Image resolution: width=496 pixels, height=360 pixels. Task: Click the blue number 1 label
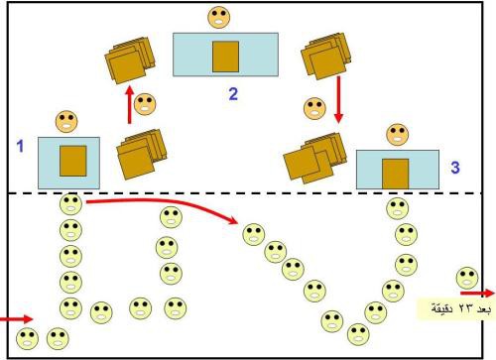[x=20, y=146]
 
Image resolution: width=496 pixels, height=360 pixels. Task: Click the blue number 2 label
[x=233, y=94]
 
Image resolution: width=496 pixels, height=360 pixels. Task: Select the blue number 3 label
[x=455, y=168]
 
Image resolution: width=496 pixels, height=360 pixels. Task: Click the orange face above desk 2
[x=218, y=17]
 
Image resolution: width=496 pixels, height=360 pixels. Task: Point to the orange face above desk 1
[x=66, y=121]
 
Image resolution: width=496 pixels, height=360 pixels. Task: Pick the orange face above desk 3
[x=397, y=135]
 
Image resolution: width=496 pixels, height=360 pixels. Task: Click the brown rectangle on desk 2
[x=225, y=57]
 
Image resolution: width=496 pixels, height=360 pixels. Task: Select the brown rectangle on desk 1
[x=73, y=161]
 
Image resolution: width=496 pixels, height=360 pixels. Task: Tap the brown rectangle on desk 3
[x=396, y=174]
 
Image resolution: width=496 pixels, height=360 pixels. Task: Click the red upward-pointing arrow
[x=130, y=104]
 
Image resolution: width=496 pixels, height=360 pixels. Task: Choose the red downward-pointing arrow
[x=338, y=99]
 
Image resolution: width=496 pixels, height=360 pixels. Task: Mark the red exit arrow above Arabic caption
[x=477, y=293]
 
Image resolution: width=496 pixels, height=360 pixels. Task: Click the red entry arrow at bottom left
[x=17, y=319]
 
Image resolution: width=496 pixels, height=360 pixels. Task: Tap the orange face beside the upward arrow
[x=145, y=104]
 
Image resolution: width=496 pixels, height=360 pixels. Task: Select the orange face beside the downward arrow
[x=314, y=108]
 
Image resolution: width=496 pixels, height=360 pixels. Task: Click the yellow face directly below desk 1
[x=70, y=204]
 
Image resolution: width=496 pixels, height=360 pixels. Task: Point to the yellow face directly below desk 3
[x=397, y=208]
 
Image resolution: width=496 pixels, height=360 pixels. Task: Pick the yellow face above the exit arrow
[x=467, y=278]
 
